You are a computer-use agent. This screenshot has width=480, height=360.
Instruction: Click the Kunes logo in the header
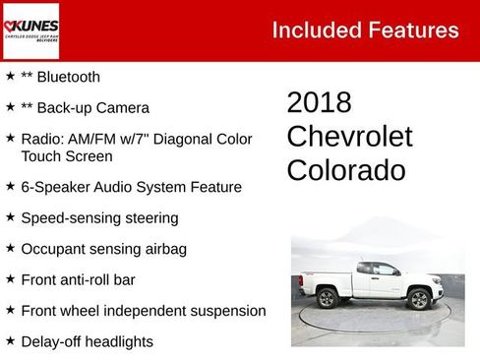[x=30, y=30]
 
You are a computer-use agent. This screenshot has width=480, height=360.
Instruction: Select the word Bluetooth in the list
[x=67, y=77]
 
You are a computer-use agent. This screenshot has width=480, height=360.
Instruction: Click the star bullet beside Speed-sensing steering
[x=10, y=217]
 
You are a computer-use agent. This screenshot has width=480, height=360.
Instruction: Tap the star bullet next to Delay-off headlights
[x=10, y=341]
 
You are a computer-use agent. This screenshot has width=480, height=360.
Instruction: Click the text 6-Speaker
[x=55, y=187]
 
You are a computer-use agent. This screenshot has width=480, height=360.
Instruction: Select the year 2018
[x=319, y=103]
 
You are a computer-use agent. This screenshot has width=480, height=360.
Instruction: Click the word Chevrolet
[x=349, y=137]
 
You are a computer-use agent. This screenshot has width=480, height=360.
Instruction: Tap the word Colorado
[x=345, y=170]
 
